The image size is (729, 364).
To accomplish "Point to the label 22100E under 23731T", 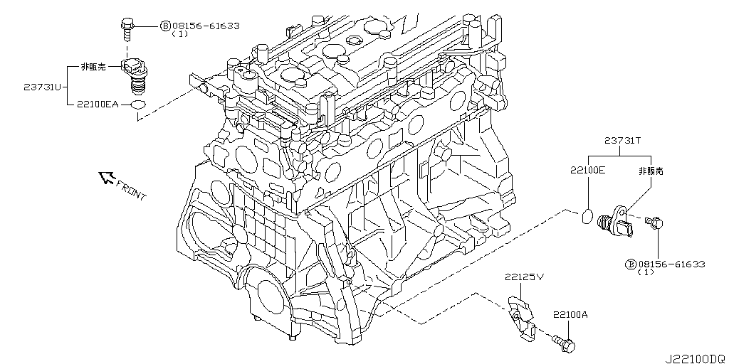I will click(x=587, y=171).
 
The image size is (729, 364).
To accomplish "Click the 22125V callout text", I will click(x=525, y=277).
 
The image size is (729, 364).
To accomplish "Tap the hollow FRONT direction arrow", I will click(x=108, y=178).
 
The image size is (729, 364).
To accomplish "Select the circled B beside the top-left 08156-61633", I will click(x=165, y=26).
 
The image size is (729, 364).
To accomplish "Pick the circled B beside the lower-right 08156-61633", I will click(x=630, y=264).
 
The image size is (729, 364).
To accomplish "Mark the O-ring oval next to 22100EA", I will click(x=140, y=105).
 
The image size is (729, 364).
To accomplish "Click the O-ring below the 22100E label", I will click(x=587, y=215).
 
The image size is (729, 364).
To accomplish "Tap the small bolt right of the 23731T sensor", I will click(x=654, y=224).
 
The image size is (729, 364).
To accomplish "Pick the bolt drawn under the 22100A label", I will click(x=565, y=344).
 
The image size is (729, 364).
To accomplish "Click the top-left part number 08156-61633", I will click(x=206, y=26).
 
